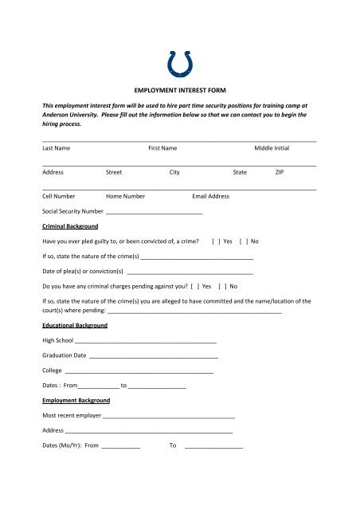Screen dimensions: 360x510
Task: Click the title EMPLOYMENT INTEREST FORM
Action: click(179, 92)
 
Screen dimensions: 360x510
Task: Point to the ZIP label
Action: click(280, 171)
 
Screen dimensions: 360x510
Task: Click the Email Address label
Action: click(211, 195)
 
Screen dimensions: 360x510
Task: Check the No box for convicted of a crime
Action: click(242, 241)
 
